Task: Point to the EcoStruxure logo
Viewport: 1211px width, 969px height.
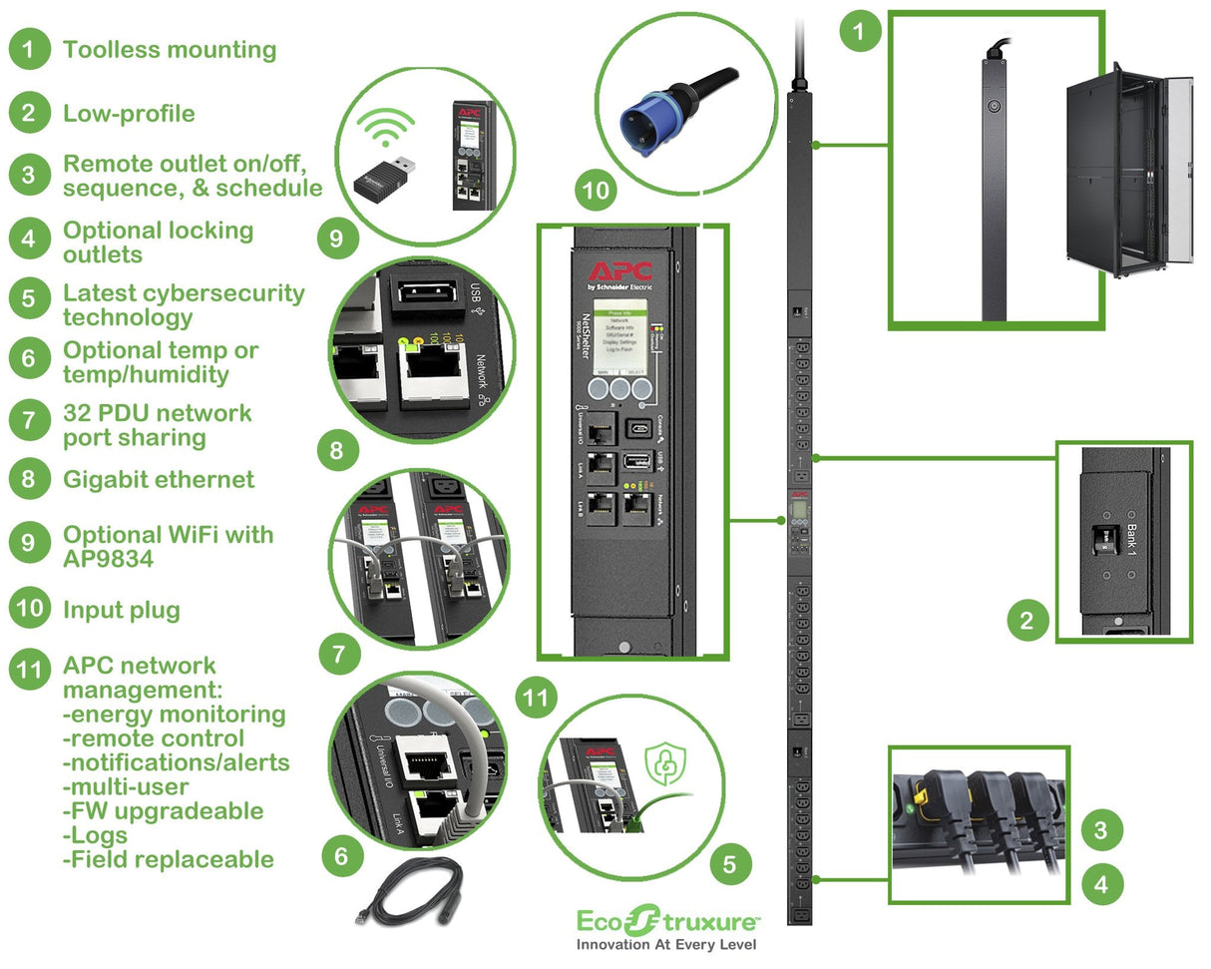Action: (668, 918)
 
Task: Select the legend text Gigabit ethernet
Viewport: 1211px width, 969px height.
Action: (159, 480)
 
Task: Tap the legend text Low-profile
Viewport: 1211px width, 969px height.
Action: (129, 114)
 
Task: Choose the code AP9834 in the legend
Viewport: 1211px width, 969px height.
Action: (109, 559)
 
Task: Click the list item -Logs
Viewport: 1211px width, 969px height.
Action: (96, 835)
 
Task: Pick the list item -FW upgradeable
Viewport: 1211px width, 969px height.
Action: (164, 811)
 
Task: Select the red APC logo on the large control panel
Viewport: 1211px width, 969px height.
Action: (619, 270)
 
